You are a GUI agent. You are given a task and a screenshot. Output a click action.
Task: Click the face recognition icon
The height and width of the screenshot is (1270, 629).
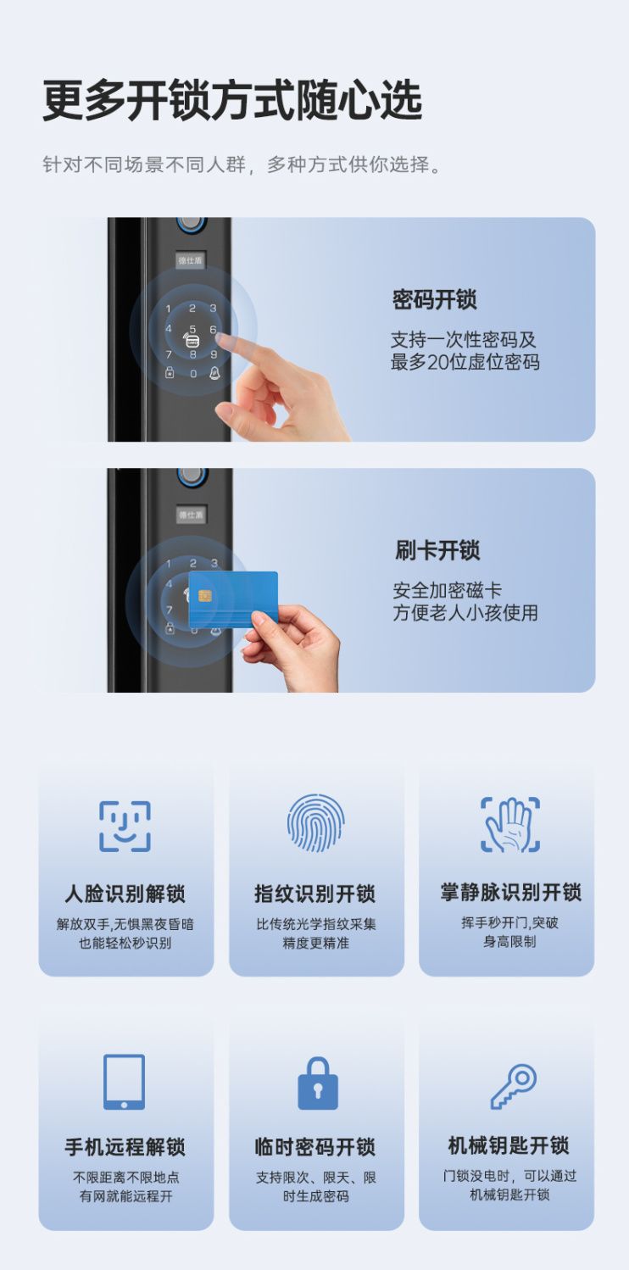pyautogui.click(x=125, y=826)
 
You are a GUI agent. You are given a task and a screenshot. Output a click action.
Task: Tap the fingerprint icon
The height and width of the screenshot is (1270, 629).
pyautogui.click(x=315, y=822)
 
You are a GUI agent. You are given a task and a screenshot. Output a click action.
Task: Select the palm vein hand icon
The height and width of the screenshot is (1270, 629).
pyautogui.click(x=510, y=824)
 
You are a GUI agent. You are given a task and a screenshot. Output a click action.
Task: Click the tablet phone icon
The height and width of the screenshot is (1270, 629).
pyautogui.click(x=124, y=1081)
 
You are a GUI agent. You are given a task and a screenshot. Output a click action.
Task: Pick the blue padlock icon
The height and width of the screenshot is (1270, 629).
pyautogui.click(x=317, y=1083)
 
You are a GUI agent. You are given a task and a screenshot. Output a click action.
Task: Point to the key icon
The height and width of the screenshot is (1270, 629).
pyautogui.click(x=514, y=1086)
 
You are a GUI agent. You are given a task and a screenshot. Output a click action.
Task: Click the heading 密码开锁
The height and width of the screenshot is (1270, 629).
pyautogui.click(x=435, y=300)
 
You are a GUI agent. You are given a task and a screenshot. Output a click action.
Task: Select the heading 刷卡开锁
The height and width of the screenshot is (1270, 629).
pyautogui.click(x=437, y=550)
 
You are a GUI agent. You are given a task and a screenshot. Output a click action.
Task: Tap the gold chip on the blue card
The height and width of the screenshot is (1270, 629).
pyautogui.click(x=204, y=596)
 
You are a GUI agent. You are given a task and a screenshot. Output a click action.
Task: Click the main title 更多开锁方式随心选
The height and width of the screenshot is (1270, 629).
pyautogui.click(x=232, y=100)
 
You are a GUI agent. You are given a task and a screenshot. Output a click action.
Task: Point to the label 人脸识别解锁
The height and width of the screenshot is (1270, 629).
pyautogui.click(x=125, y=894)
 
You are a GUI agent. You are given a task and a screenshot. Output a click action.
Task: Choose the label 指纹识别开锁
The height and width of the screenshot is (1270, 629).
pyautogui.click(x=315, y=894)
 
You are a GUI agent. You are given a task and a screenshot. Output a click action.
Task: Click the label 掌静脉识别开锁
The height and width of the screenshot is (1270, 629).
pyautogui.click(x=510, y=893)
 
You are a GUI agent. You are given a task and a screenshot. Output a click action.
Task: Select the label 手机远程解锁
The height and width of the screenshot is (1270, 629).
pyautogui.click(x=125, y=1146)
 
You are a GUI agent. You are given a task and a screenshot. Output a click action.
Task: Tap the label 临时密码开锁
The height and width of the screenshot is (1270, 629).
pyautogui.click(x=315, y=1146)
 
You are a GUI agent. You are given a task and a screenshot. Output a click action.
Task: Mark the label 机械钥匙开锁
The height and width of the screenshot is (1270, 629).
pyautogui.click(x=509, y=1145)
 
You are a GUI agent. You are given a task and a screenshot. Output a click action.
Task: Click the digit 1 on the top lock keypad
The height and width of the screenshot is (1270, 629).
pyautogui.click(x=169, y=309)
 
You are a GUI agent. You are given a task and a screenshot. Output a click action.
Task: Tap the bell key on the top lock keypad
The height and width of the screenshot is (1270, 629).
pyautogui.click(x=214, y=373)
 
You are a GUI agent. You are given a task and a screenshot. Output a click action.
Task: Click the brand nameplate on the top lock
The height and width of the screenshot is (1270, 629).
pyautogui.click(x=190, y=261)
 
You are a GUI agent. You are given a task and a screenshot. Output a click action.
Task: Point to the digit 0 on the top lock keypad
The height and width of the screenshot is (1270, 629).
pyautogui.click(x=193, y=374)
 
